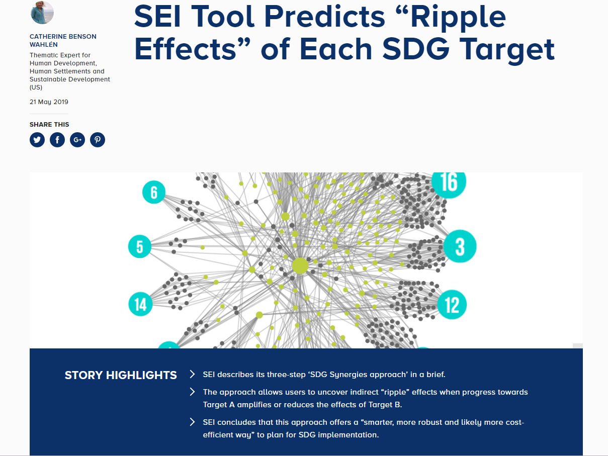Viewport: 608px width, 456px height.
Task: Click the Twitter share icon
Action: point(37,140)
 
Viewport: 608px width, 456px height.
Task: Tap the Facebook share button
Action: point(57,140)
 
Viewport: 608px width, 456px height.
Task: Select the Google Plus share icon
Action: point(77,140)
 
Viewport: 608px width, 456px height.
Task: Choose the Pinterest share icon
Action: point(98,140)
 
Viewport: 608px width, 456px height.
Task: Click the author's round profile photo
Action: point(42,12)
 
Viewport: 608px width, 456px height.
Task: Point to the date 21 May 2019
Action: point(49,102)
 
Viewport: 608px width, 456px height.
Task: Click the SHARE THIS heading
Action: point(49,125)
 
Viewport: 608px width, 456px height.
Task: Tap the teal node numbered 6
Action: point(154,192)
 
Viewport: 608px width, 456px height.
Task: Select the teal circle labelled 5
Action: point(140,246)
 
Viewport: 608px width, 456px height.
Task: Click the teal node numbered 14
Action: point(140,304)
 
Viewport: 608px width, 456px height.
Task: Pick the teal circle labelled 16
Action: point(449,183)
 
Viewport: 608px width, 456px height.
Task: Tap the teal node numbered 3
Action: point(460,246)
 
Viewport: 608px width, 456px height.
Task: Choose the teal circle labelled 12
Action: point(452,305)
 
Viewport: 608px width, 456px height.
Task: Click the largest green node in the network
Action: point(300,266)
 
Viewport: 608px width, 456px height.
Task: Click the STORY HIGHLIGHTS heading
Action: point(121,375)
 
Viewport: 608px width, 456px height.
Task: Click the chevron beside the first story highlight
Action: point(192,374)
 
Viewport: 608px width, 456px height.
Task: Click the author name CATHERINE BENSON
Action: point(63,37)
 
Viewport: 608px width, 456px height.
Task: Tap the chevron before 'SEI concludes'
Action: point(192,422)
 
